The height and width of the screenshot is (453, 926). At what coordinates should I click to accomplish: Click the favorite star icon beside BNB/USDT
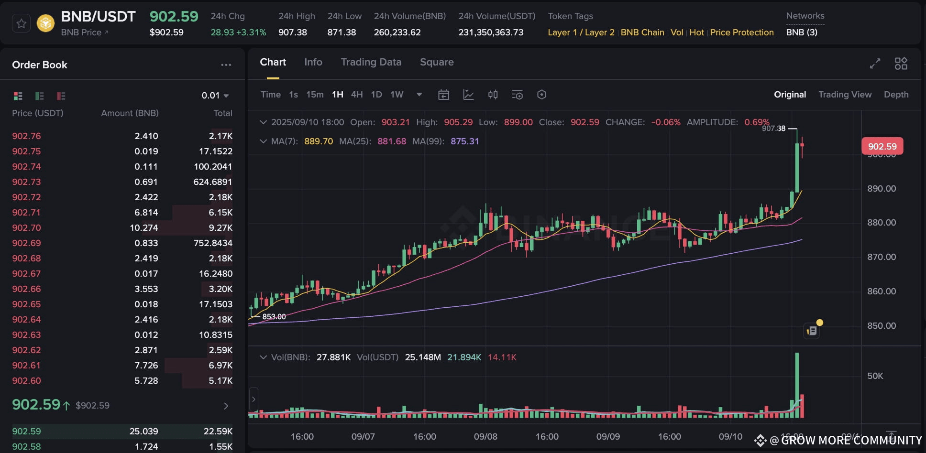point(22,23)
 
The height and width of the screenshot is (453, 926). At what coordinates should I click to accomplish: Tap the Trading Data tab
point(371,62)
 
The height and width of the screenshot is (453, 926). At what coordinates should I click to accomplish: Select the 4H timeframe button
point(356,95)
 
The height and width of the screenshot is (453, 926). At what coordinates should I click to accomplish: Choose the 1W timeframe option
point(397,95)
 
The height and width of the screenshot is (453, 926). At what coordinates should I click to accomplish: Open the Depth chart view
point(896,95)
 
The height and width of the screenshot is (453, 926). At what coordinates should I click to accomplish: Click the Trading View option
point(845,95)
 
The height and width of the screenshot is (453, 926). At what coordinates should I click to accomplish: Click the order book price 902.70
point(27,228)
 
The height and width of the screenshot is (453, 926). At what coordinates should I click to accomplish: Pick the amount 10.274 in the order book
point(144,228)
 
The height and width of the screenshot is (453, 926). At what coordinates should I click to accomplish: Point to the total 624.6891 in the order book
point(213,182)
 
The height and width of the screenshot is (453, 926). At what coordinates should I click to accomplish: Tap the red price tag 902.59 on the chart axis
point(882,146)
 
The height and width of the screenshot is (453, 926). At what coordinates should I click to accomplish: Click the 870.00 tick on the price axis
point(882,257)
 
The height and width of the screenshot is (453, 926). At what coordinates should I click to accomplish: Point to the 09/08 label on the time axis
point(485,437)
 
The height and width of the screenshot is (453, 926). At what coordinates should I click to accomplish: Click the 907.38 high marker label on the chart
point(773,129)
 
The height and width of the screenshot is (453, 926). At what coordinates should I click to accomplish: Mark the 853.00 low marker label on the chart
point(274,317)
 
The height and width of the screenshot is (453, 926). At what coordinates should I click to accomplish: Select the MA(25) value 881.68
point(392,141)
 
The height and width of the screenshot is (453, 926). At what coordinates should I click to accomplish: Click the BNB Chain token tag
point(642,32)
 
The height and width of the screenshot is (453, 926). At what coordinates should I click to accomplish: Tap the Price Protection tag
point(741,32)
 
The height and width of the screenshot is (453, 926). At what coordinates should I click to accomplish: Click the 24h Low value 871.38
point(342,32)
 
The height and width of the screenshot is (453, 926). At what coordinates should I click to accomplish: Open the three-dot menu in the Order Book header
point(226,65)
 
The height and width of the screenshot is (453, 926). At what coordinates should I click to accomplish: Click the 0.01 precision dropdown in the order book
point(215,96)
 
